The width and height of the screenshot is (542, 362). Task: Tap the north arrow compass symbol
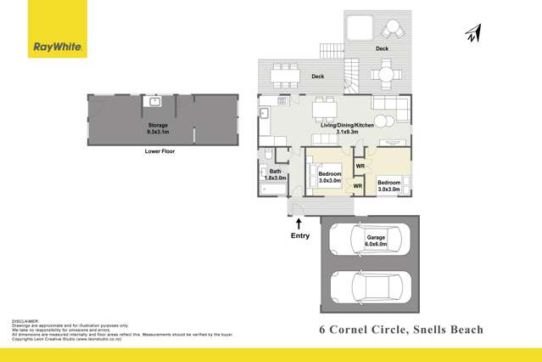pyautogui.click(x=473, y=32)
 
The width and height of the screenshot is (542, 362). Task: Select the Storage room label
pyautogui.click(x=158, y=128)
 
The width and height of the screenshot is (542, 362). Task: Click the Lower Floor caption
pyautogui.click(x=158, y=153)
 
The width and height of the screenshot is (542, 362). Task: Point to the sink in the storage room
pyautogui.click(x=156, y=102)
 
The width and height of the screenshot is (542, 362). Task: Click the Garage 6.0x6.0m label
pyautogui.click(x=375, y=240)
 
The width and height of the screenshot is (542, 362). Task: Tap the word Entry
pyautogui.click(x=300, y=235)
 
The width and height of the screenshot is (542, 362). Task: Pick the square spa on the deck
pyautogui.click(x=360, y=30)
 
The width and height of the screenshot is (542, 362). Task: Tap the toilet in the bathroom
pyautogui.click(x=268, y=156)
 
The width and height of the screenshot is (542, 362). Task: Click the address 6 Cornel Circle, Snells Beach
pyautogui.click(x=400, y=329)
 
